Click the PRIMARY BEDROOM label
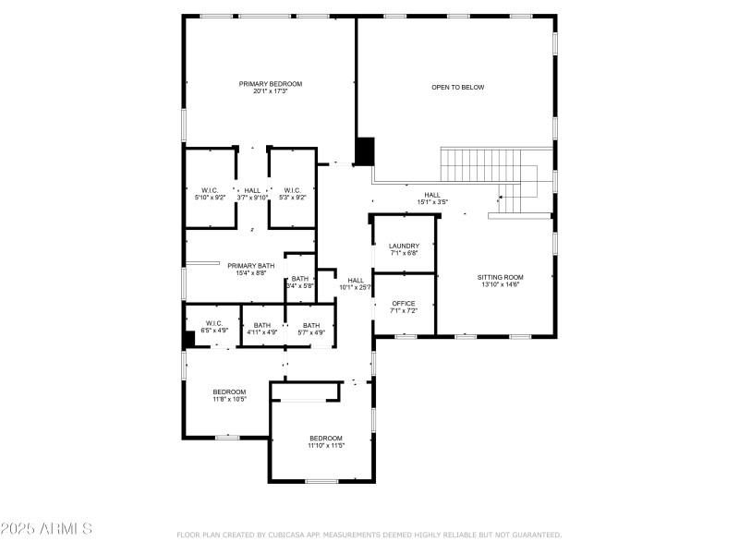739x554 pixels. click(x=271, y=84)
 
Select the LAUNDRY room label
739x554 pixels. click(x=404, y=246)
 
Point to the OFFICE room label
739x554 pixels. click(x=404, y=303)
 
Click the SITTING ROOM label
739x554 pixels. click(x=500, y=277)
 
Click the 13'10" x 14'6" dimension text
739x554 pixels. click(x=500, y=284)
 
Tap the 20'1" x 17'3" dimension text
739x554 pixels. click(x=271, y=91)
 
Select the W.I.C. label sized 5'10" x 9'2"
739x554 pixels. click(x=210, y=190)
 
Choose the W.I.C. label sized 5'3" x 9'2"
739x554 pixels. click(x=293, y=190)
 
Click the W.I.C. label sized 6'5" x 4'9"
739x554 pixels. click(x=214, y=323)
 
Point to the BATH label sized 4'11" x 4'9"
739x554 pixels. click(x=262, y=325)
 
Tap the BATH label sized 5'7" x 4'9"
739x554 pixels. click(x=311, y=325)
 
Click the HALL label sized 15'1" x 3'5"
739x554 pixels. click(x=432, y=195)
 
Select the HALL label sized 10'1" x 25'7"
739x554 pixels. click(x=356, y=280)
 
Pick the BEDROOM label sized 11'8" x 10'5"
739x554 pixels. click(x=230, y=391)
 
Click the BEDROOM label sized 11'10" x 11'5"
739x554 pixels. click(x=325, y=438)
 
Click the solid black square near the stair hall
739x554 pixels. click(x=365, y=151)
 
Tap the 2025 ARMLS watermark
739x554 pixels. click(x=46, y=529)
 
